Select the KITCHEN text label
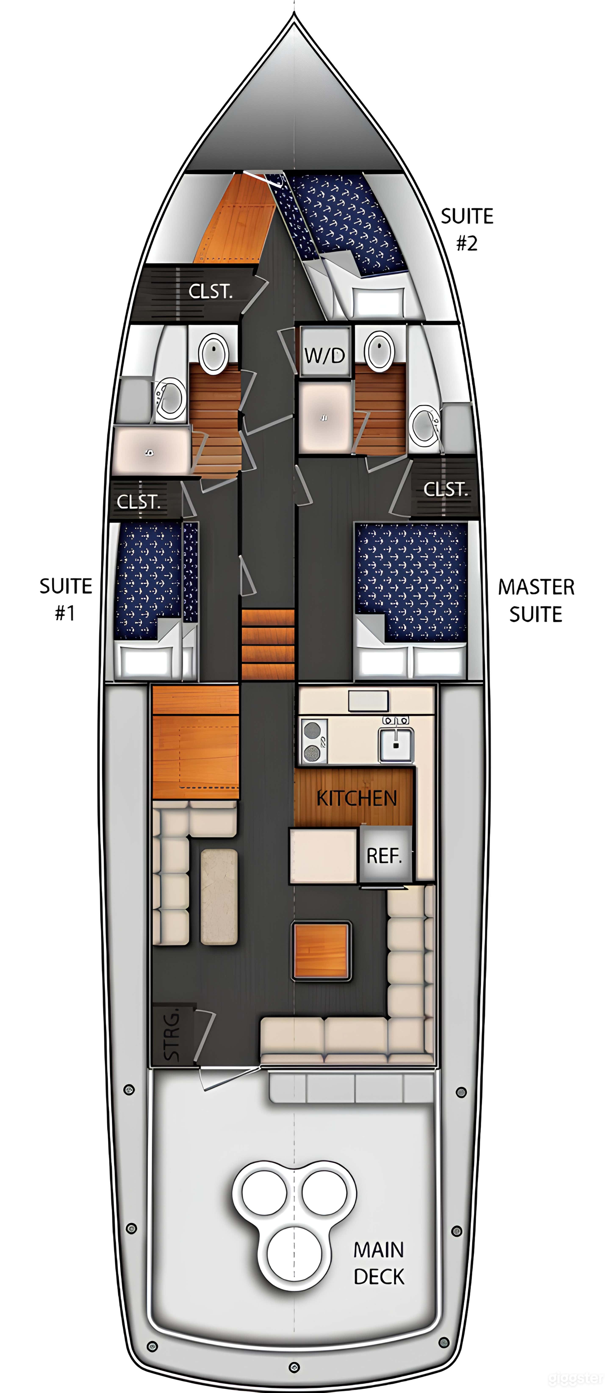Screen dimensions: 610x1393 [357, 798]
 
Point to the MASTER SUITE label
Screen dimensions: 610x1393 [536, 600]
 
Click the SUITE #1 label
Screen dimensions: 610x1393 [65, 599]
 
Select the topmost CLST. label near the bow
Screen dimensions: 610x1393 [211, 291]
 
